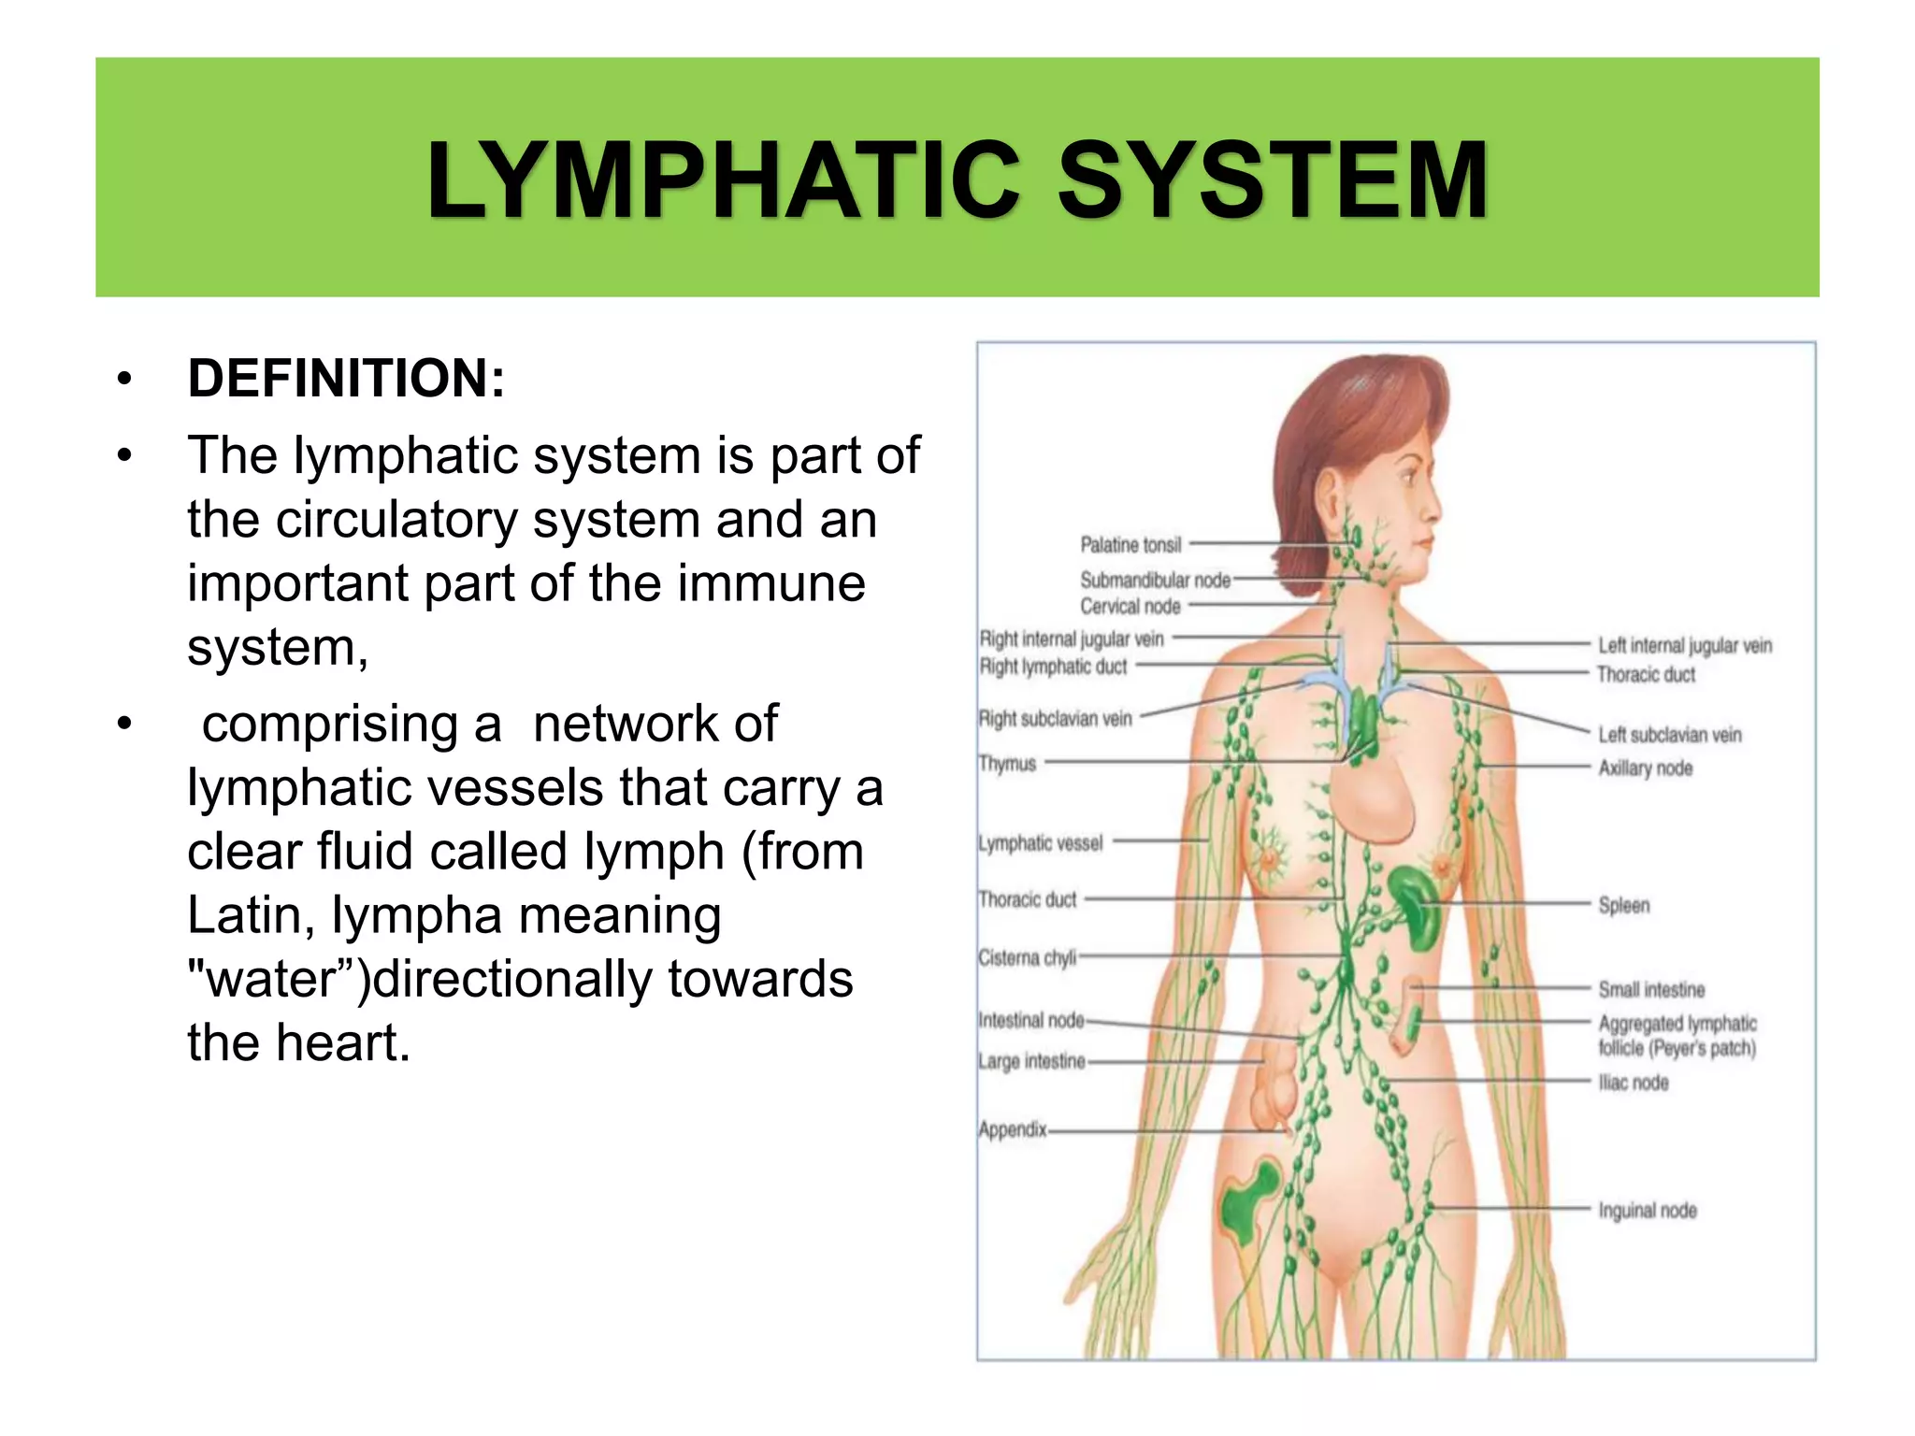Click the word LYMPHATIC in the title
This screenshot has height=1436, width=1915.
pyautogui.click(x=723, y=179)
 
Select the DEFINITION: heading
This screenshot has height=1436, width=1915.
pyautogui.click(x=346, y=379)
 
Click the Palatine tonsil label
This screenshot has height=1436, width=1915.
pyautogui.click(x=1130, y=544)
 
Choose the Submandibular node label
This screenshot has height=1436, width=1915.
pyautogui.click(x=1155, y=580)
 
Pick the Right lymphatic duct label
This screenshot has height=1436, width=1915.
pyautogui.click(x=1053, y=667)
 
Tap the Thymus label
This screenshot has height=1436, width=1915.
pyautogui.click(x=1008, y=764)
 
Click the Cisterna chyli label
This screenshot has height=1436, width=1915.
pyautogui.click(x=1027, y=958)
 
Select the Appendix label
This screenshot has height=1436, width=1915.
pyautogui.click(x=1013, y=1129)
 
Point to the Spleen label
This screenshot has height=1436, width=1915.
pyautogui.click(x=1623, y=905)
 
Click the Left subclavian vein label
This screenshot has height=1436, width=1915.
pyautogui.click(x=1669, y=735)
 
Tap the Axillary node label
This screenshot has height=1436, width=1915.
pyautogui.click(x=1645, y=768)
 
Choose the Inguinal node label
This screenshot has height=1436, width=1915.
pyautogui.click(x=1647, y=1211)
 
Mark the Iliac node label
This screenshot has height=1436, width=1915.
pyautogui.click(x=1633, y=1083)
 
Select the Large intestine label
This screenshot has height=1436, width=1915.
pyautogui.click(x=1031, y=1061)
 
